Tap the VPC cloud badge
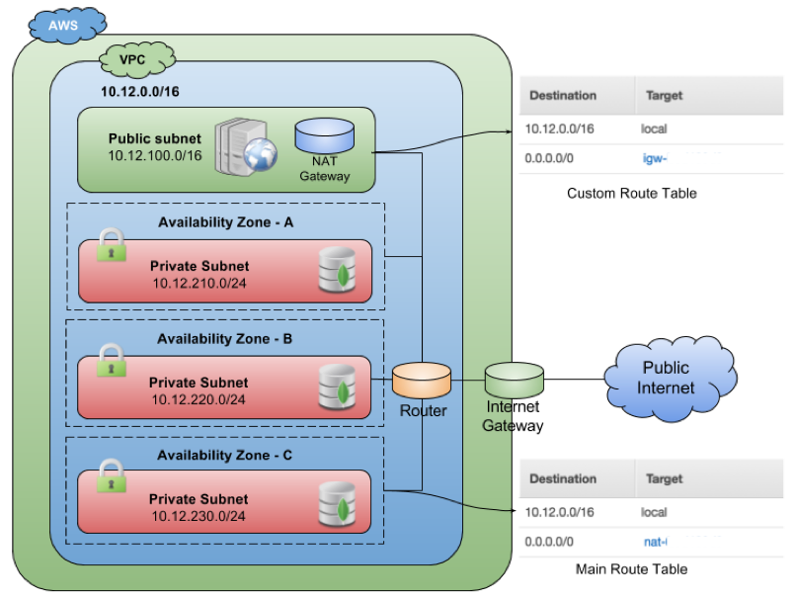[x=136, y=59]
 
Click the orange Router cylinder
[x=422, y=380]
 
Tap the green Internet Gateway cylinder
[x=514, y=380]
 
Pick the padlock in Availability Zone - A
[x=112, y=244]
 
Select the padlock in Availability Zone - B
[x=112, y=360]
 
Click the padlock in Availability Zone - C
[x=112, y=475]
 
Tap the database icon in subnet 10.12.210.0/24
[x=336, y=272]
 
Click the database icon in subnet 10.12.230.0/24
[x=336, y=504]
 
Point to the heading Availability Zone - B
[x=224, y=339]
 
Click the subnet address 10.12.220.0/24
[x=199, y=399]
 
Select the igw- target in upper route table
[x=655, y=158]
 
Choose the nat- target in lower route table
[x=655, y=542]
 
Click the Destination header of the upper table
[x=563, y=96]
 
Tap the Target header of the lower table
[x=664, y=479]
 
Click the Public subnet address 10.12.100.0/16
[x=154, y=155]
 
